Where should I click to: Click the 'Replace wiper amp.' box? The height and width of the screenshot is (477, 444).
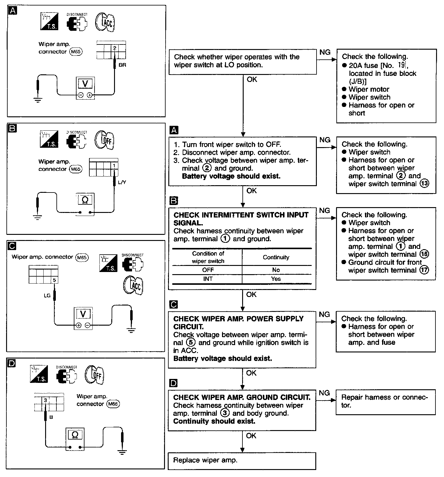coord(242,461)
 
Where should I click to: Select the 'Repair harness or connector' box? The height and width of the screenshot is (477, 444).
coord(385,402)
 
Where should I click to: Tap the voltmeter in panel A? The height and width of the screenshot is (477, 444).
coord(85,88)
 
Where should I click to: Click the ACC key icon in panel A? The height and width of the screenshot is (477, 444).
coord(105,22)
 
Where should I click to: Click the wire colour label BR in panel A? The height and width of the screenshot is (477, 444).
coord(122,65)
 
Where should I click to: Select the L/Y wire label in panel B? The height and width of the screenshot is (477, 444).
coord(121,182)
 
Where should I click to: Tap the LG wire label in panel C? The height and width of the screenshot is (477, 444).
coord(47,295)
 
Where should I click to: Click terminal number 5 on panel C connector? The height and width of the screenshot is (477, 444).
coord(54,280)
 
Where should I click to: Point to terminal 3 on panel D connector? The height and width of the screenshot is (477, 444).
coord(45,400)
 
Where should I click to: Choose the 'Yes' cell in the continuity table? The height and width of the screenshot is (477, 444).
coord(276,279)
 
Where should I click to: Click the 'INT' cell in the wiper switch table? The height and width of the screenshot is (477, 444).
coord(208,279)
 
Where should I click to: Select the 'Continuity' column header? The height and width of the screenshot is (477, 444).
coord(276,257)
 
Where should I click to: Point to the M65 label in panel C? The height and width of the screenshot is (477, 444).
coord(82,257)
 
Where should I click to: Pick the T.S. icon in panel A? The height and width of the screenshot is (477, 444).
coord(49,21)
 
